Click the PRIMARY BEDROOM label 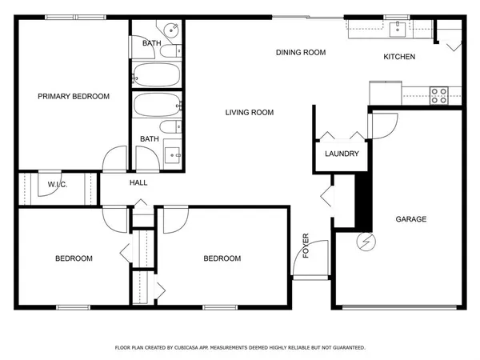pos(74,96)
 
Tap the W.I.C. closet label pos(57,184)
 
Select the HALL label pos(138,183)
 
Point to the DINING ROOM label pos(301,53)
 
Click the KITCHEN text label pos(399,56)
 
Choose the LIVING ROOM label pos(249,113)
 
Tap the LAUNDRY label pos(342,154)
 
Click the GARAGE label pos(411,219)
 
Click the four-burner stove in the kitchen pos(439,95)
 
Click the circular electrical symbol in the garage pos(366,241)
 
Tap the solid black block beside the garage pos(360,200)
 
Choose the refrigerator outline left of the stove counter pos(385,92)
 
